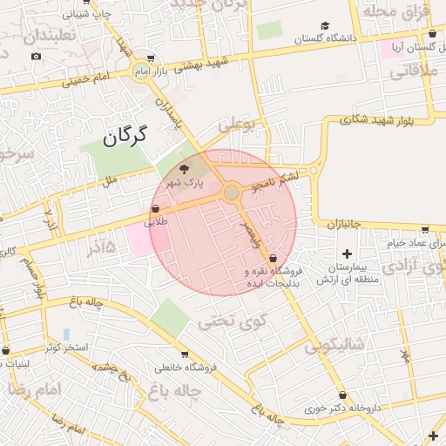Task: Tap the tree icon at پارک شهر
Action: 184,170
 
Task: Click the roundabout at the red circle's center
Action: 232,193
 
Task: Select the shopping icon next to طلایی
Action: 155,209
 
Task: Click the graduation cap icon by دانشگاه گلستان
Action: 325,26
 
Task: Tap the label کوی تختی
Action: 229,322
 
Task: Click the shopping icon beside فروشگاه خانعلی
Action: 184,355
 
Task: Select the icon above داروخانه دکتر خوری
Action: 341,395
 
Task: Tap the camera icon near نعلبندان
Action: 36,57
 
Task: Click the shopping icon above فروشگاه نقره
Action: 274,258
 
